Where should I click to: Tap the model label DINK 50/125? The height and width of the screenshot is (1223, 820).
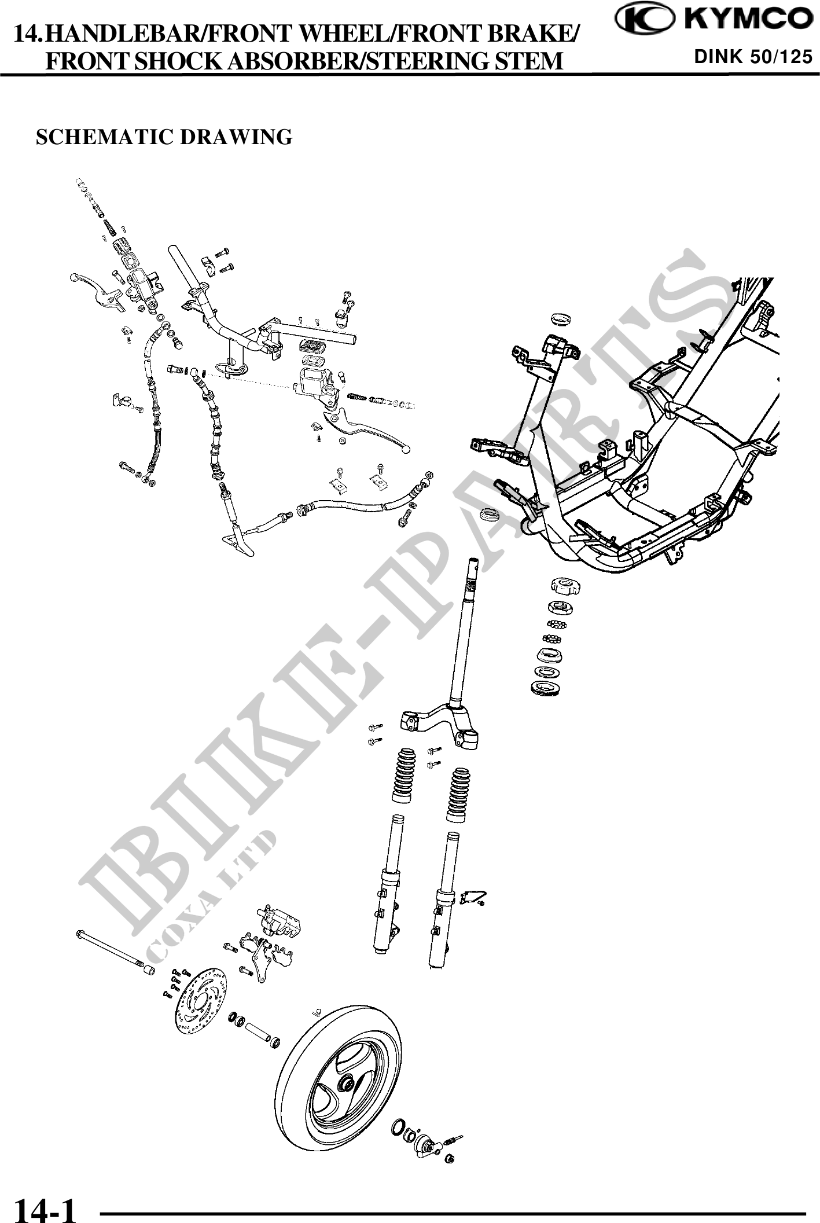(753, 57)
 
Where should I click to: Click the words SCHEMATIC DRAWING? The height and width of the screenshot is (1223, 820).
(164, 137)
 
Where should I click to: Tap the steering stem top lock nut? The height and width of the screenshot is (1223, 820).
(563, 586)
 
